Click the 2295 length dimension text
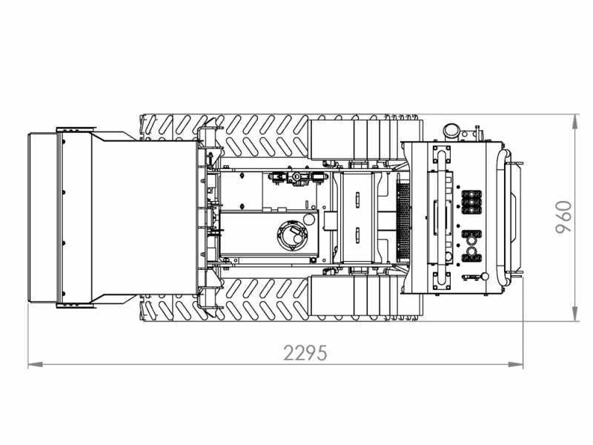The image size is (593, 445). pyautogui.click(x=305, y=353)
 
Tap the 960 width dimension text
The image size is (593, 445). pyautogui.click(x=564, y=217)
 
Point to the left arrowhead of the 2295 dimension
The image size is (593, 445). pyautogui.click(x=35, y=365)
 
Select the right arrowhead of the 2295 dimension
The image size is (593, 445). pyautogui.click(x=516, y=365)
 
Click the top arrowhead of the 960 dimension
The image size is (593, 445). pyautogui.click(x=575, y=121)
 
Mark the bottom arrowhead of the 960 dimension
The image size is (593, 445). pyautogui.click(x=575, y=314)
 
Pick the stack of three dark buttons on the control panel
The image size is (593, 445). pyautogui.click(x=471, y=202)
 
